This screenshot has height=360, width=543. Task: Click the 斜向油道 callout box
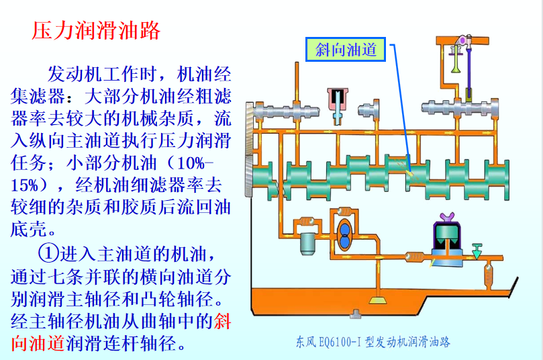[x=346, y=49]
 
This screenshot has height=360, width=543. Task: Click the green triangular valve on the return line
[x=477, y=251]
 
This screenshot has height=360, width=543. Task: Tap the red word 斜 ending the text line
[x=222, y=321]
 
